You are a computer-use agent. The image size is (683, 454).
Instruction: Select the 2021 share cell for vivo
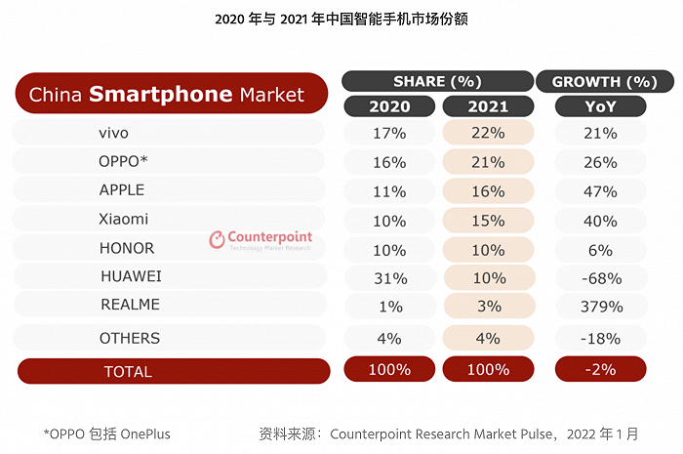tap(487, 133)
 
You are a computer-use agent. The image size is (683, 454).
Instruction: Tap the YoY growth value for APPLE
tap(600, 190)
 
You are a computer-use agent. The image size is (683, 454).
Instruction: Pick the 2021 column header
tap(487, 105)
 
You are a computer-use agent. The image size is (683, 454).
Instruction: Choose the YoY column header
tap(600, 105)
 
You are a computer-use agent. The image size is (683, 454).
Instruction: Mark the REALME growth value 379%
tap(600, 307)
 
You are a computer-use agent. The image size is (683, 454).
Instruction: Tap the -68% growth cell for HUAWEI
tap(600, 277)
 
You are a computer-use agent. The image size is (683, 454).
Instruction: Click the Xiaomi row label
tap(124, 219)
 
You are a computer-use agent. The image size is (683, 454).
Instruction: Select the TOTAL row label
tap(128, 371)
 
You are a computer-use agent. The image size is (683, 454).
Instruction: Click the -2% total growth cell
tap(600, 369)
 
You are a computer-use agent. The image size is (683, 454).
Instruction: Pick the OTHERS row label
tap(129, 338)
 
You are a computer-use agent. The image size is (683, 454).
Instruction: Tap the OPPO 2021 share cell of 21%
tap(487, 161)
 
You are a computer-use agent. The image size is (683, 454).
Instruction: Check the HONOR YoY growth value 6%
tap(600, 248)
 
